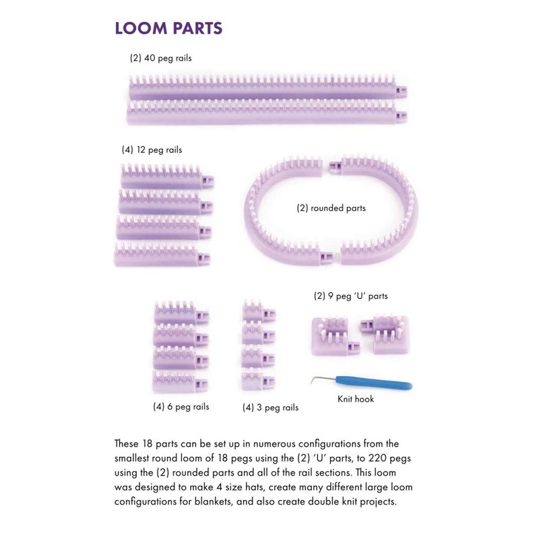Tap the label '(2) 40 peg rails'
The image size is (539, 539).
160,59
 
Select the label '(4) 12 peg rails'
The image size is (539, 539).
152,150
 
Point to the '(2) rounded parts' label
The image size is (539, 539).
331,208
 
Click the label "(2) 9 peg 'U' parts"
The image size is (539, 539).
350,296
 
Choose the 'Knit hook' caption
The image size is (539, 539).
356,399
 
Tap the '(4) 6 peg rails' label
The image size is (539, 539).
181,406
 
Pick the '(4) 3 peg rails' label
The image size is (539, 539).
270,407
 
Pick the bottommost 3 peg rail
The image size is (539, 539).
258,382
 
